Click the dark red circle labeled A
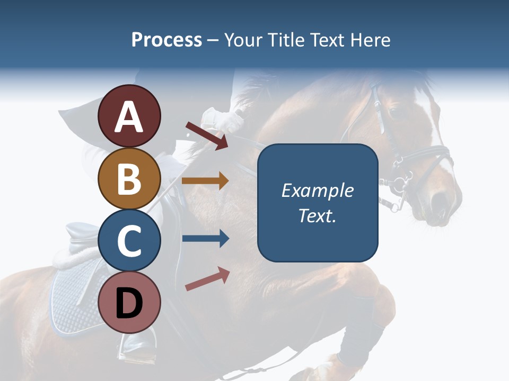click(x=129, y=116)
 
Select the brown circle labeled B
click(x=129, y=178)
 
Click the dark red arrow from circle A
click(x=207, y=135)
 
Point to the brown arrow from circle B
click(x=205, y=181)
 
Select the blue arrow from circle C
click(x=205, y=239)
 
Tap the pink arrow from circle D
click(x=207, y=279)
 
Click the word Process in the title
click(x=166, y=40)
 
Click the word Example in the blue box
click(x=317, y=190)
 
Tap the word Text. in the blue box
click(x=317, y=215)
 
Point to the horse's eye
click(x=394, y=112)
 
